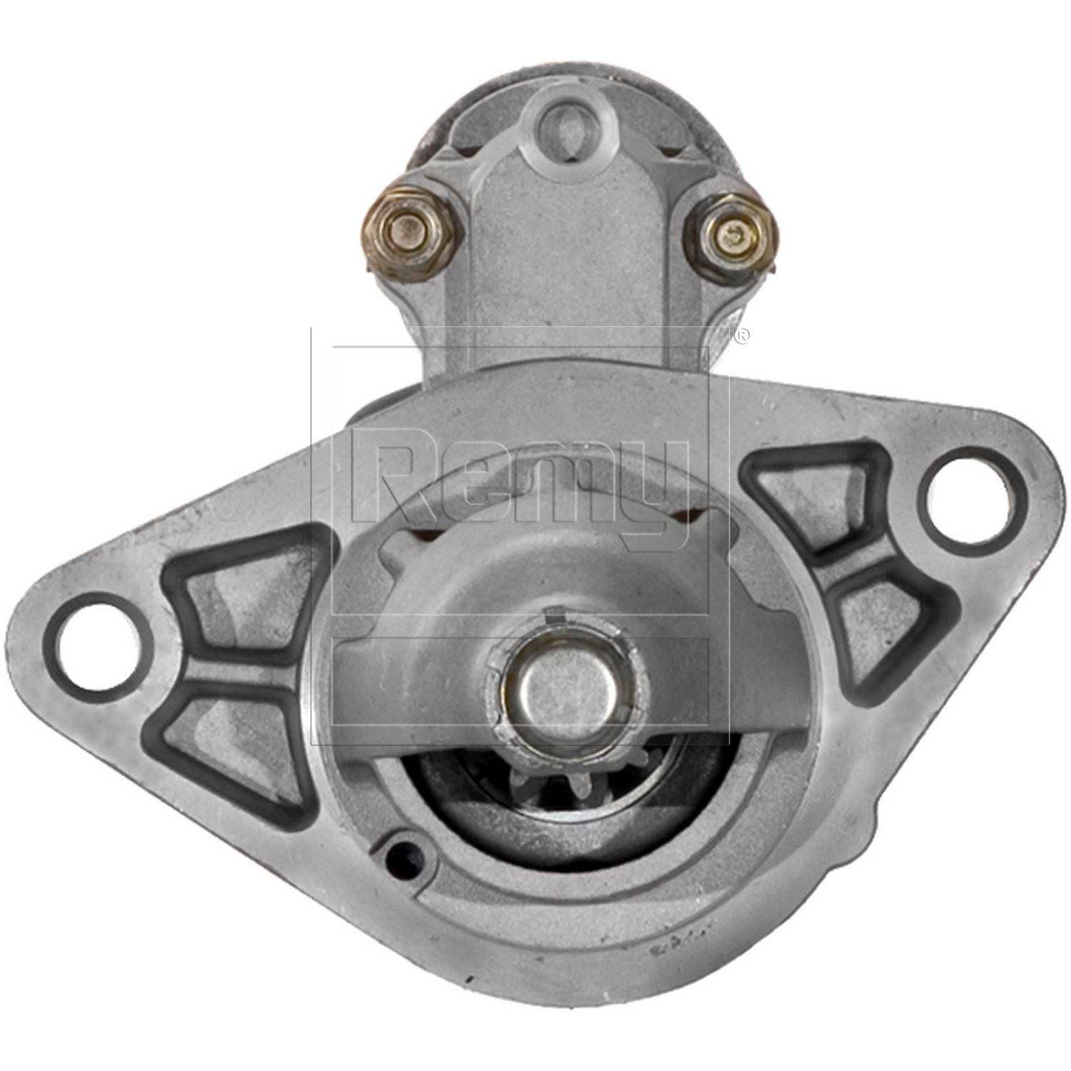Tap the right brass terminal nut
[729, 230]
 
